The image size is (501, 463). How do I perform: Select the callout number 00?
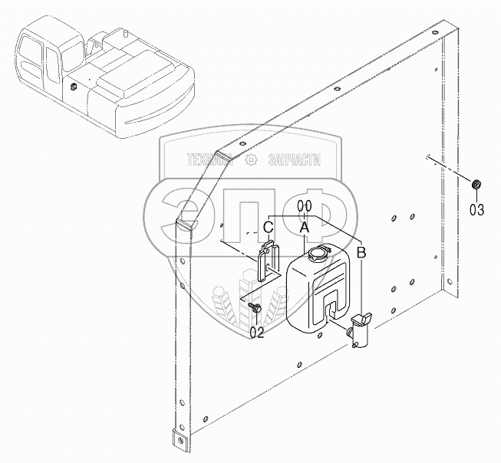pyautogui.click(x=305, y=205)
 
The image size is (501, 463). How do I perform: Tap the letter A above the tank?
pyautogui.click(x=305, y=227)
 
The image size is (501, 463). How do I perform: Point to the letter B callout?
pyautogui.click(x=361, y=251)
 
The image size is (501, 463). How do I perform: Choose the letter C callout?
pyautogui.click(x=268, y=227)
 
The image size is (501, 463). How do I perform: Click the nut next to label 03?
pyautogui.click(x=476, y=184)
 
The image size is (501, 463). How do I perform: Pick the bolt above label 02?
pyautogui.click(x=255, y=307)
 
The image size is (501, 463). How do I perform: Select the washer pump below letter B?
pyautogui.click(x=359, y=330)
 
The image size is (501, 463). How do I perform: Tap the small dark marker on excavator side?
pyautogui.click(x=71, y=87)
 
